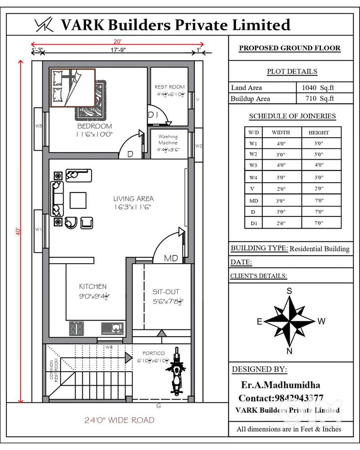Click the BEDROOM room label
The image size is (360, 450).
94,126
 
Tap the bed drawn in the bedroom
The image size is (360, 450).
72,88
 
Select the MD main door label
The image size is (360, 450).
171,258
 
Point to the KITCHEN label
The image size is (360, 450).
93,287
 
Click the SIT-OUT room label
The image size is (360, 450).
165,292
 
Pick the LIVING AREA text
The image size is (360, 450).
133,198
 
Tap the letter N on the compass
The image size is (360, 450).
289,351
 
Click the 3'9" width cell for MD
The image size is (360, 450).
281,200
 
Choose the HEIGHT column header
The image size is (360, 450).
319,133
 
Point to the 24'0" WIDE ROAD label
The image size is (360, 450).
119,420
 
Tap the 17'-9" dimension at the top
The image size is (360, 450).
117,50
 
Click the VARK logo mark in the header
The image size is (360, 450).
44,25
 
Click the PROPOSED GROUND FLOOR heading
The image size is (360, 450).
289,48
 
